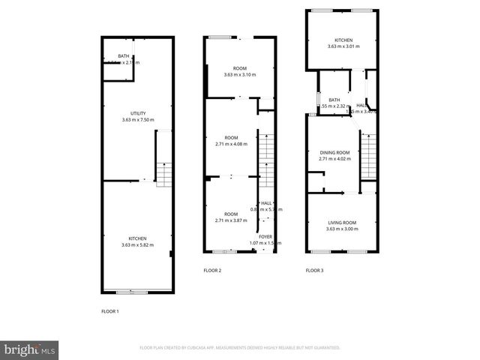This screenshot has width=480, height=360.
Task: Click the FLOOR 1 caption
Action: point(110,310)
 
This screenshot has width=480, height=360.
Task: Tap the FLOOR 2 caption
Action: point(212,270)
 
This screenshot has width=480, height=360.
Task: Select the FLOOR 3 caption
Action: point(314,270)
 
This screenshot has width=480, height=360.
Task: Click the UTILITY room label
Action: point(138,113)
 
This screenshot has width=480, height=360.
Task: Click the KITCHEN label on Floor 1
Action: point(137,238)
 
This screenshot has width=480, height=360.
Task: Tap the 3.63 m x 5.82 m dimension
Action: point(137,245)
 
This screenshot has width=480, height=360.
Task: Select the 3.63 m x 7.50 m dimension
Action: point(138,120)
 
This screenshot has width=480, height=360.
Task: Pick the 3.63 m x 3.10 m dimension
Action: point(240,75)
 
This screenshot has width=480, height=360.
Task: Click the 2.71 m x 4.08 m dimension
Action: point(231,144)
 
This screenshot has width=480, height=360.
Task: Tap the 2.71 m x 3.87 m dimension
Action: point(231,221)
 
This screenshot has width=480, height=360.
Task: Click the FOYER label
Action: point(265,237)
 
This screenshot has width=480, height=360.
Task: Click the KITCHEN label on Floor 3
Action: point(343,40)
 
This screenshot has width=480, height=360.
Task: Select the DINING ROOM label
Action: point(334,152)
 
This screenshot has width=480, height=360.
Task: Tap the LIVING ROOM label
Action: point(342,222)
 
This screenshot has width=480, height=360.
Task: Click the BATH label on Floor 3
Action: point(334,100)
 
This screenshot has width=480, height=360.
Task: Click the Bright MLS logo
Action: point(30,349)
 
